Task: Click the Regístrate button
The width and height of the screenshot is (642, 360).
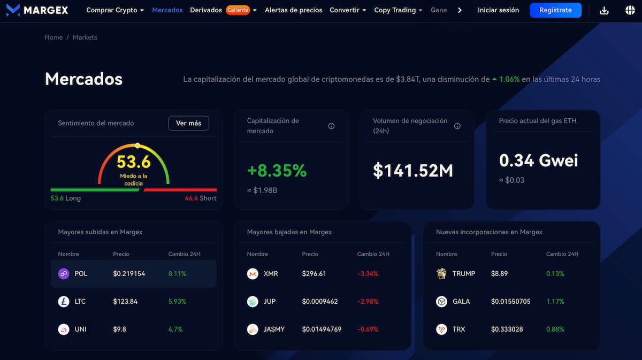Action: (555, 10)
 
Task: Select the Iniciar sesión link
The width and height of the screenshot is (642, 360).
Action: (498, 10)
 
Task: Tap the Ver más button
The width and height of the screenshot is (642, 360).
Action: (188, 123)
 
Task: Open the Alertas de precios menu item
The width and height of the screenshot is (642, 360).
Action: (293, 10)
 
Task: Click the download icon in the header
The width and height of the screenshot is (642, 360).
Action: (604, 10)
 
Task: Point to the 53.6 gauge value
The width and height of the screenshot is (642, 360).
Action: (134, 162)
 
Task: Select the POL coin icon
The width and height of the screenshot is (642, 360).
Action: (64, 274)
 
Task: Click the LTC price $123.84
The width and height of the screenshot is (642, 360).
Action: (125, 302)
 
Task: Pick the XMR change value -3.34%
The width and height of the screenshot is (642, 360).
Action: (368, 274)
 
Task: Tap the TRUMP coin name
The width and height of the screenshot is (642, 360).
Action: (464, 274)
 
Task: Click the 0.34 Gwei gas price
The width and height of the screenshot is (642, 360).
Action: (538, 160)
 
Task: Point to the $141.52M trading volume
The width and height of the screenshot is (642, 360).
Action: (413, 171)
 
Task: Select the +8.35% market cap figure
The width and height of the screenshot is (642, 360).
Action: (277, 171)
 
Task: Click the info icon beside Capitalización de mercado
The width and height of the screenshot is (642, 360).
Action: (331, 126)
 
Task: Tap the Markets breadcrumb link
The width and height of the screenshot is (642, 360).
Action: (85, 37)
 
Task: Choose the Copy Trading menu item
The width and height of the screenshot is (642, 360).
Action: (395, 10)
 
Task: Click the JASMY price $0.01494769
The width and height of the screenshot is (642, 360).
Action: (322, 330)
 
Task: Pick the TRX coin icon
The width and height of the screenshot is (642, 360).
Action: (441, 330)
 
